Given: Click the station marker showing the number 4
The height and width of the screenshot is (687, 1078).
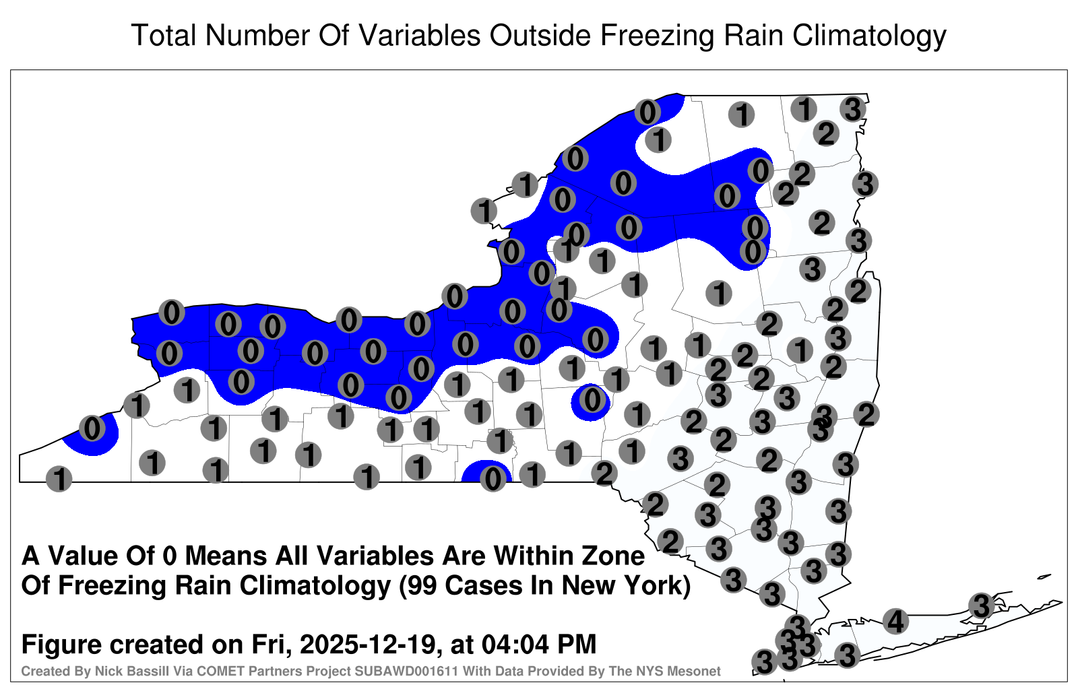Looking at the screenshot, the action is pyautogui.click(x=895, y=621).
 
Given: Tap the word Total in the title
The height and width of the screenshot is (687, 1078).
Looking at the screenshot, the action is pyautogui.click(x=164, y=36).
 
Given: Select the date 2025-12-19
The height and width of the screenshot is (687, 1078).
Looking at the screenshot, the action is pyautogui.click(x=367, y=644).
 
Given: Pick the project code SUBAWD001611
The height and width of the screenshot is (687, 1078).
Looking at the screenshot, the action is pyautogui.click(x=406, y=671).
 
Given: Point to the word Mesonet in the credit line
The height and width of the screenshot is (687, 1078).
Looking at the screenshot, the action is pyautogui.click(x=699, y=671).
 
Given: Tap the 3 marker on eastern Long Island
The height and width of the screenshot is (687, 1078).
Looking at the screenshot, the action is pyautogui.click(x=981, y=606).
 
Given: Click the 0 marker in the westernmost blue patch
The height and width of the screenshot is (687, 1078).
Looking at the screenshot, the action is pyautogui.click(x=92, y=428).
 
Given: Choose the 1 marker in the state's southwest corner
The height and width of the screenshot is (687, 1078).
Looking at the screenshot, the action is pyautogui.click(x=59, y=479).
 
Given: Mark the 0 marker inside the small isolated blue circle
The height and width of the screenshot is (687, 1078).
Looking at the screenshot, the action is pyautogui.click(x=592, y=399).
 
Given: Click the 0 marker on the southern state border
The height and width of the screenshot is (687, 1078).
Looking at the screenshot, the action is pyautogui.click(x=493, y=479).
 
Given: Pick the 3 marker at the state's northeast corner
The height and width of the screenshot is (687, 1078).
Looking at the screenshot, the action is pyautogui.click(x=853, y=109).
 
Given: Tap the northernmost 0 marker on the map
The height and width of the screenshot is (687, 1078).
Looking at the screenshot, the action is pyautogui.click(x=647, y=112).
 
